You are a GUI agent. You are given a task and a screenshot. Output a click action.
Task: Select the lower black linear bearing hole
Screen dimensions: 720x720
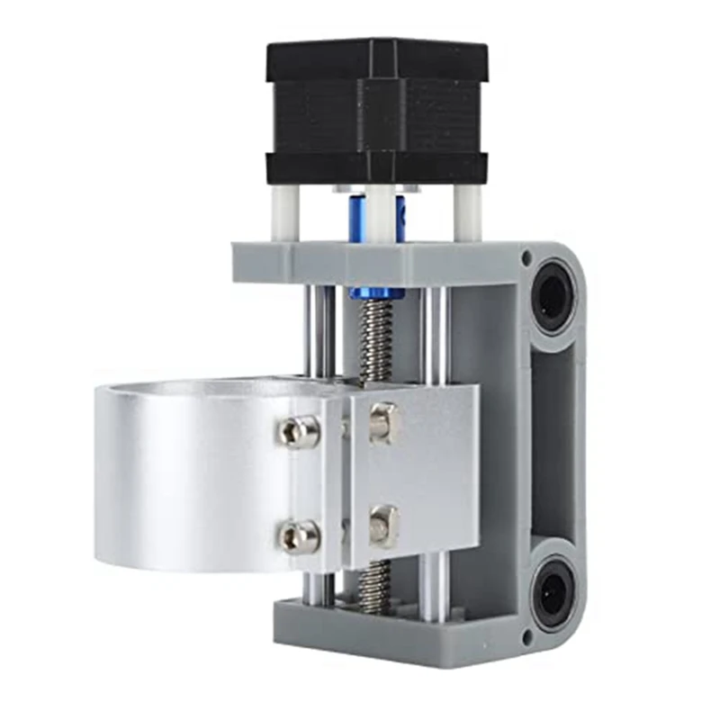550,594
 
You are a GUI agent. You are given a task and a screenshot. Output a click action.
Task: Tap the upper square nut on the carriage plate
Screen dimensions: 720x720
382,420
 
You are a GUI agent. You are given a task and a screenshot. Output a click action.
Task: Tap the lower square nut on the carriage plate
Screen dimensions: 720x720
382,525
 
